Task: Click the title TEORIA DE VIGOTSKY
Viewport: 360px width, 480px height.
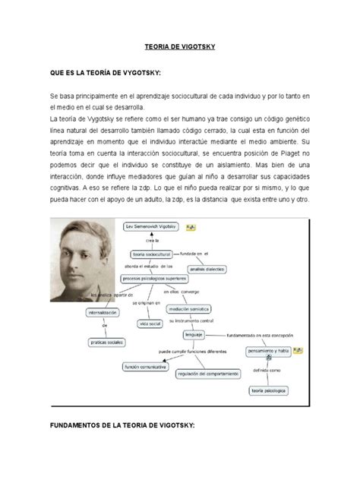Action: (x=181, y=47)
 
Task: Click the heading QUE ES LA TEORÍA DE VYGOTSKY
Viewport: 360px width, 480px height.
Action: (x=106, y=74)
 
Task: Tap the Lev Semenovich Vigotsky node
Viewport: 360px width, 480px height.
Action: (x=153, y=226)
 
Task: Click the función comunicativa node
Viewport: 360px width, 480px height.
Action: (x=146, y=367)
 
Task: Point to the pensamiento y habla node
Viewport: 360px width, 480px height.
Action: (x=271, y=351)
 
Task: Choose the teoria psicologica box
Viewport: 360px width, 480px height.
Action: (x=271, y=391)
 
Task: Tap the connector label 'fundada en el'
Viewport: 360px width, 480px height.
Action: (x=195, y=253)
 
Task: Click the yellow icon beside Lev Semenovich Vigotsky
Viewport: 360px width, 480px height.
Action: (x=191, y=226)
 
